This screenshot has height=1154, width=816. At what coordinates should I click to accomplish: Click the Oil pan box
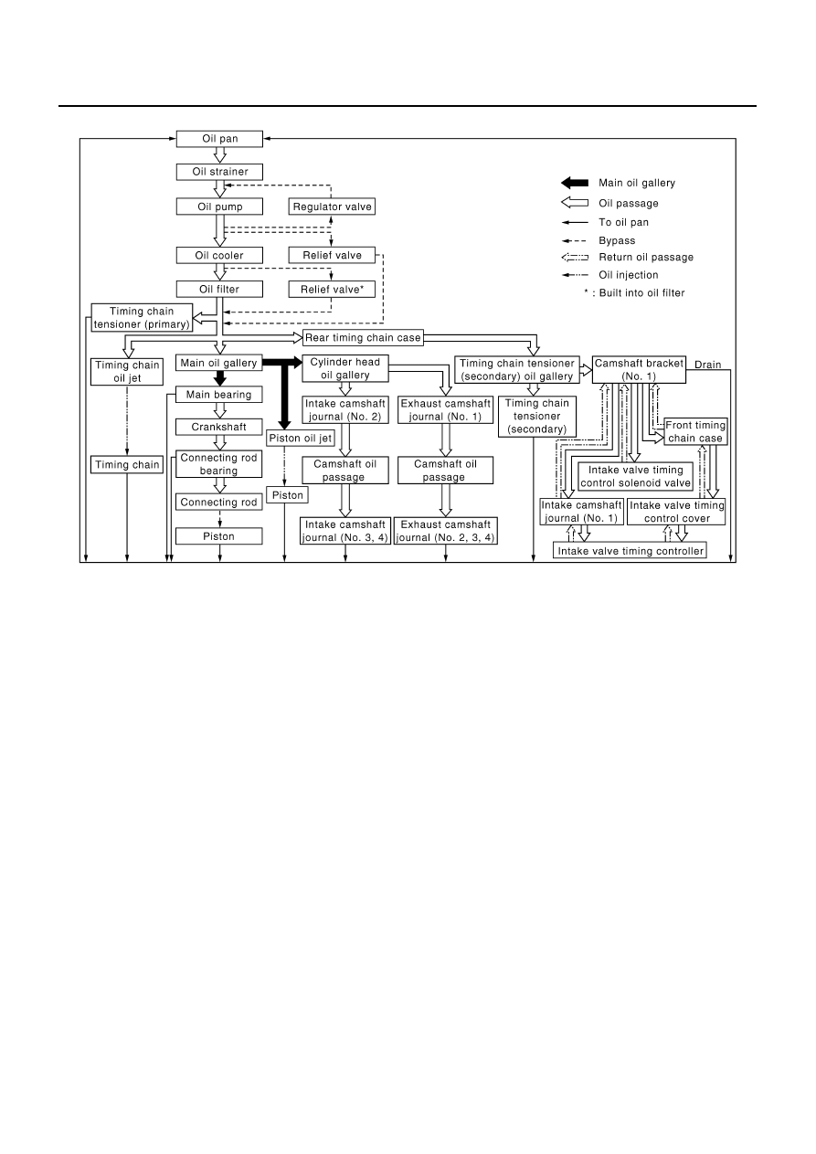(219, 139)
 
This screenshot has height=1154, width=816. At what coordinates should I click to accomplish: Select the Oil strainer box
(219, 172)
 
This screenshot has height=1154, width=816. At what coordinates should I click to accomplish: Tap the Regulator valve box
(332, 206)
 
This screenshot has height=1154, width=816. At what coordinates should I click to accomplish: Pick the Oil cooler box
(219, 255)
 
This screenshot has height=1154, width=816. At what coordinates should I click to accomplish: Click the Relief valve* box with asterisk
(332, 289)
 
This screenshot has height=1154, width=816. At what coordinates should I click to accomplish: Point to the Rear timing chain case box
(363, 337)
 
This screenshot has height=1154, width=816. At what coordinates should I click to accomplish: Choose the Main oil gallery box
(219, 363)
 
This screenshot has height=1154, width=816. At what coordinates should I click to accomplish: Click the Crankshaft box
(219, 427)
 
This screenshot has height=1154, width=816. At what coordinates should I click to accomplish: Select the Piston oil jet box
(301, 438)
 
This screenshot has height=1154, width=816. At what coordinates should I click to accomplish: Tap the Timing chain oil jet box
(127, 372)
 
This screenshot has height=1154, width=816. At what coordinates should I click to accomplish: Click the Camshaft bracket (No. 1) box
(639, 369)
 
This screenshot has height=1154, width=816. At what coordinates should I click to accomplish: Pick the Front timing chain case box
(695, 431)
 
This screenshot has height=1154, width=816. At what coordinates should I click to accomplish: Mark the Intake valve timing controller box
(630, 550)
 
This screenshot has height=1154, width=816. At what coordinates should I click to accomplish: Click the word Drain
(708, 365)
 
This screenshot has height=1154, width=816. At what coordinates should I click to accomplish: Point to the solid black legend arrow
(575, 183)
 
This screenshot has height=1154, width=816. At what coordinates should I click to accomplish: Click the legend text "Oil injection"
(629, 275)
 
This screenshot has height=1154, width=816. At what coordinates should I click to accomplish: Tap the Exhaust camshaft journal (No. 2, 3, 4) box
(446, 531)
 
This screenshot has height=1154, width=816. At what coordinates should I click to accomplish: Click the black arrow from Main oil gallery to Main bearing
(220, 378)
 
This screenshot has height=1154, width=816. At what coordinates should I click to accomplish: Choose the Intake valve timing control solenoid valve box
(635, 477)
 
